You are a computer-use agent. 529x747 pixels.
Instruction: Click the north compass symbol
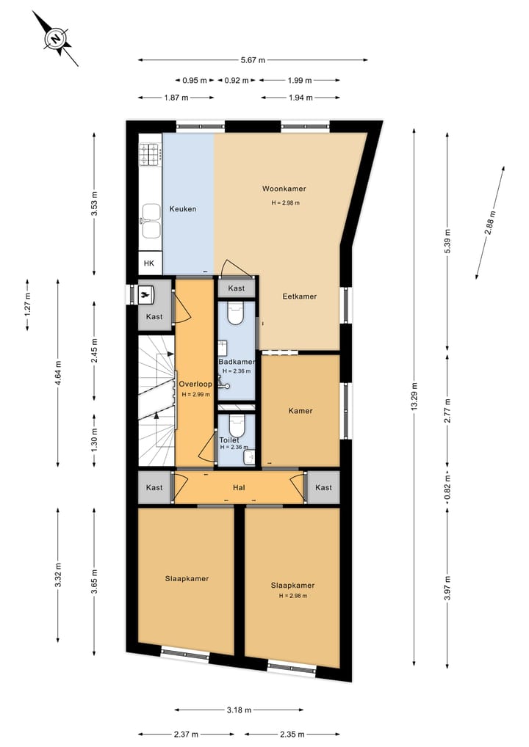56,37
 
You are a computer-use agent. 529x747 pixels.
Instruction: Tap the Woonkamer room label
284,189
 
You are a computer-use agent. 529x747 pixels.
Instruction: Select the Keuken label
183,209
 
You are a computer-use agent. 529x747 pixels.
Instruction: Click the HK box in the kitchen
149,263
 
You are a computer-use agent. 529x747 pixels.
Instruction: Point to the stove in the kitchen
151,154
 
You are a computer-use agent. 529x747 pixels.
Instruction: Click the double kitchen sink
151,221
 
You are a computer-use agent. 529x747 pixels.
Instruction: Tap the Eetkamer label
300,296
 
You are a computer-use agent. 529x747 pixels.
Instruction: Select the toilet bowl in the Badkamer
236,315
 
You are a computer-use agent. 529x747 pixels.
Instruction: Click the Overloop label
195,384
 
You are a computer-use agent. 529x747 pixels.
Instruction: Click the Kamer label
301,411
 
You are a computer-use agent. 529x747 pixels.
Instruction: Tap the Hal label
239,487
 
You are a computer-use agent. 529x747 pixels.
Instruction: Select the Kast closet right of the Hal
323,487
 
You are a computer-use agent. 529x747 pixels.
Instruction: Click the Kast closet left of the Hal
154,487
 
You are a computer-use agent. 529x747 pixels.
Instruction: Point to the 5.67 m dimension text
253,60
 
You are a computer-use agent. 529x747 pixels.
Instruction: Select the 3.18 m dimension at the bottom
240,710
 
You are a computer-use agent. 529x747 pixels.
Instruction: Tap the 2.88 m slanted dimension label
489,223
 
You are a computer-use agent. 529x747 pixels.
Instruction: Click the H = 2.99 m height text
195,394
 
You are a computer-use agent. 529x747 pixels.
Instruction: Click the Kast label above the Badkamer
236,288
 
